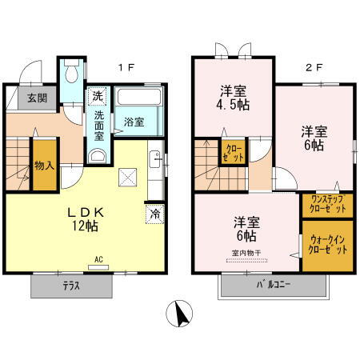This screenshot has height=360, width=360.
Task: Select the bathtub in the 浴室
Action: pos(140,101)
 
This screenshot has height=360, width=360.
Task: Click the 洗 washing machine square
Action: pos(97,96)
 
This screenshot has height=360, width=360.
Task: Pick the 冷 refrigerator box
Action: pos(155,214)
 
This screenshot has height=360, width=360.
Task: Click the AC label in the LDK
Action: pos(99,259)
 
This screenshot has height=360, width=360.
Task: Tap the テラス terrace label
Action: pos(71,286)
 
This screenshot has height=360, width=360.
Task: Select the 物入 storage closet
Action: pos(45,166)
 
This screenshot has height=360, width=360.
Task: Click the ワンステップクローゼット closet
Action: pos(328,205)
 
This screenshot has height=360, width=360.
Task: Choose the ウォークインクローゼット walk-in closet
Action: pos(328,245)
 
